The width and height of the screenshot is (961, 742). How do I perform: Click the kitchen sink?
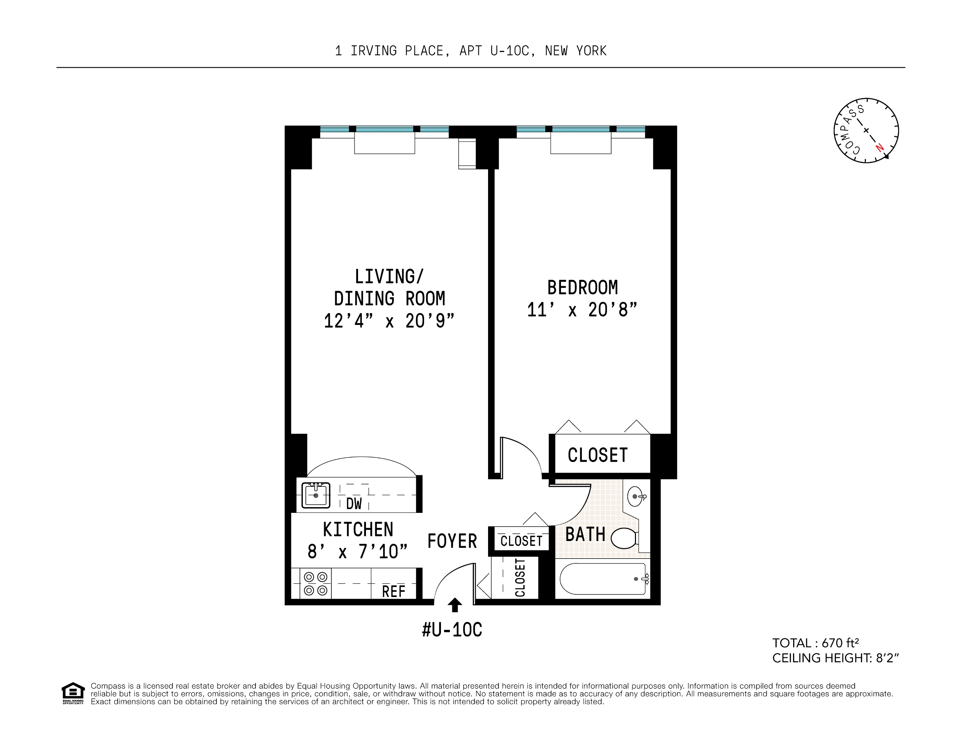(x=315, y=495)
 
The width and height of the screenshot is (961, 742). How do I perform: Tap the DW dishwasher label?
(x=354, y=504)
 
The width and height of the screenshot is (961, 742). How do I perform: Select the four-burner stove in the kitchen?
(x=315, y=583)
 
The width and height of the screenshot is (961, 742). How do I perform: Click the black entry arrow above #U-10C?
(x=455, y=605)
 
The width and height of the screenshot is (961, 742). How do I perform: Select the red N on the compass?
(x=879, y=147)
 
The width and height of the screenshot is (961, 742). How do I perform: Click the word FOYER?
(x=452, y=541)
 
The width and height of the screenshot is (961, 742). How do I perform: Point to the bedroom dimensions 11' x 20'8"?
(x=582, y=310)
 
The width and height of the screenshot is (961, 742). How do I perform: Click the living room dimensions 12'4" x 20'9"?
(x=389, y=321)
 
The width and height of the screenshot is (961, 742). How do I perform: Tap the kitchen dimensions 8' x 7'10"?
(x=357, y=552)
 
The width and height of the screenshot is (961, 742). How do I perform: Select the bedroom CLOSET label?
(x=597, y=455)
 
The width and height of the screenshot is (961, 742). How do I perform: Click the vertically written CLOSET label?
(x=520, y=577)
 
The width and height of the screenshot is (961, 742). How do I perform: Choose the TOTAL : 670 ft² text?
(x=816, y=643)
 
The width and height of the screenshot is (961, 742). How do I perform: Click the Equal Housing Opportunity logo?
(x=73, y=693)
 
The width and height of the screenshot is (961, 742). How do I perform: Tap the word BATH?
(x=585, y=535)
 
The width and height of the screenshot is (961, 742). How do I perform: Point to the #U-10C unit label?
(x=452, y=630)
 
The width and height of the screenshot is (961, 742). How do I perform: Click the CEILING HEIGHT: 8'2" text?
(x=835, y=658)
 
